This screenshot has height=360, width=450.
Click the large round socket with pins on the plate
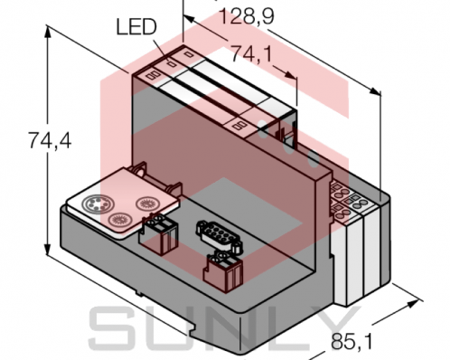(x=95, y=204)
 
